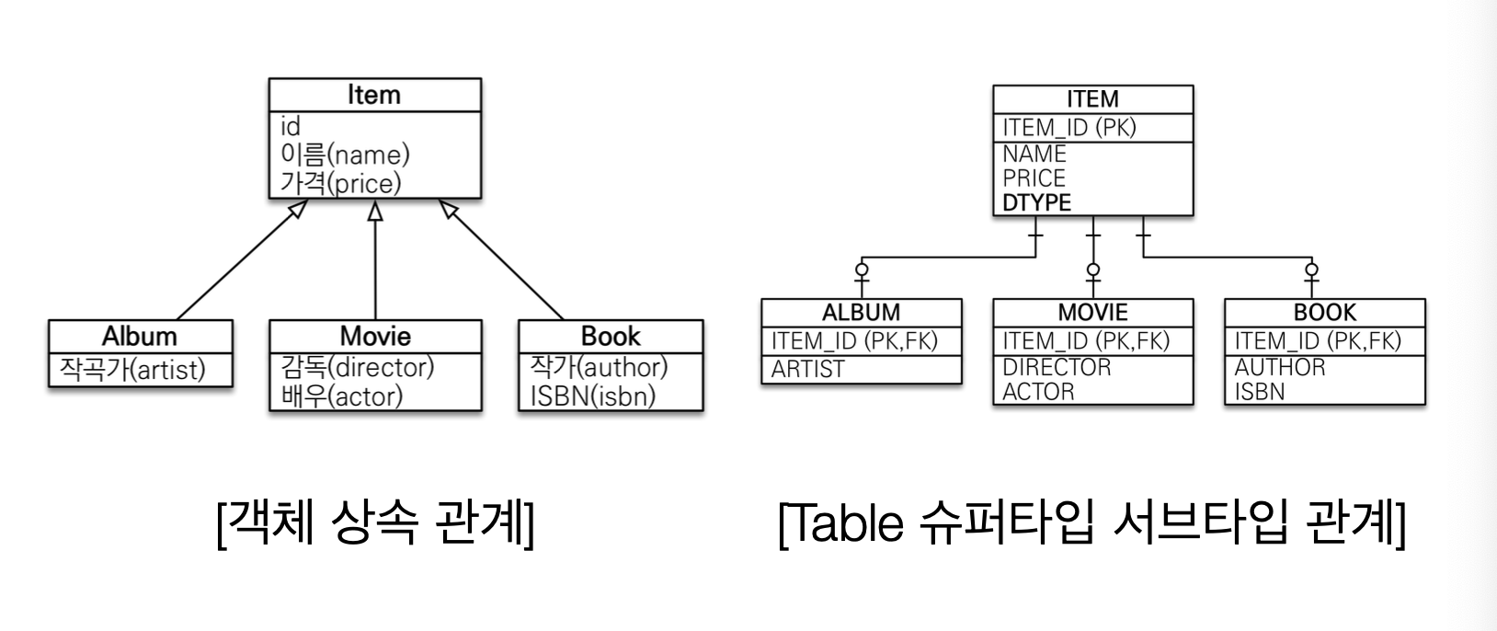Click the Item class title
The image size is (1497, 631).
tap(374, 95)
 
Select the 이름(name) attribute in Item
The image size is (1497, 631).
tap(345, 154)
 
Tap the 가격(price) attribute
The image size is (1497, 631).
tap(340, 183)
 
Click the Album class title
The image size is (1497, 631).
tap(140, 336)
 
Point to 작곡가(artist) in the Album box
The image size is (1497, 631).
tap(132, 370)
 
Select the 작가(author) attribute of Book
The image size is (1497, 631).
tap(599, 367)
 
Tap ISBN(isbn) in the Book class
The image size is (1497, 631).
tap(593, 396)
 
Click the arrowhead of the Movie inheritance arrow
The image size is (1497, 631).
tap(374, 211)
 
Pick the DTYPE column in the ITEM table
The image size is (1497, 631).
tap(1036, 202)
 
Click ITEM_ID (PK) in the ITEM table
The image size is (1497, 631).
tap(1069, 128)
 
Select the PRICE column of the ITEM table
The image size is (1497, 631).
tap(1034, 178)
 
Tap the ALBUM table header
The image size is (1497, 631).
tap(861, 313)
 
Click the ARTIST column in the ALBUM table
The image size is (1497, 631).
tap(807, 370)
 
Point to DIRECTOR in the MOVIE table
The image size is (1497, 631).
tap(1057, 367)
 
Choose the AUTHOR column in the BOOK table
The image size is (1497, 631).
tap(1280, 367)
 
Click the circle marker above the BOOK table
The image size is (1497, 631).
tap(1310, 270)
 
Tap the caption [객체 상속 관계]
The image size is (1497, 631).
tap(375, 524)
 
